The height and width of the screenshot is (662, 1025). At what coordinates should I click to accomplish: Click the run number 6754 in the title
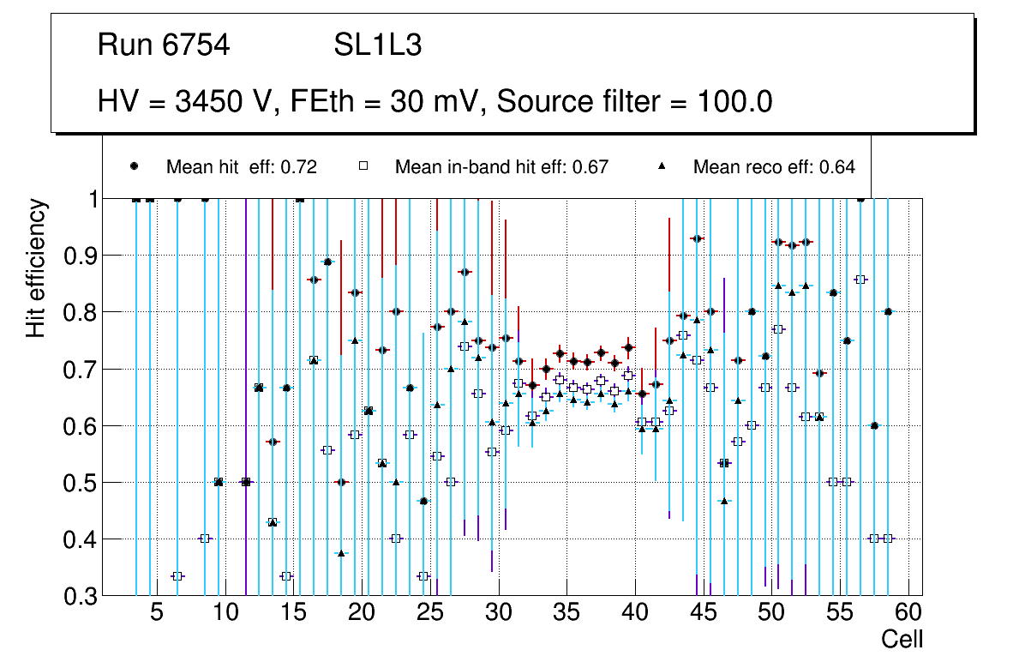196,45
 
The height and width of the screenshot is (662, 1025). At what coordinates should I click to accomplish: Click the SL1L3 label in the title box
377,45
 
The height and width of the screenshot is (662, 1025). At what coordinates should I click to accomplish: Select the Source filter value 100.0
733,102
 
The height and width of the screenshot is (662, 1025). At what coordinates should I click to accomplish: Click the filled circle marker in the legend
134,166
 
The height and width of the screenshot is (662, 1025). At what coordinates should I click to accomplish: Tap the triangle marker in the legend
662,166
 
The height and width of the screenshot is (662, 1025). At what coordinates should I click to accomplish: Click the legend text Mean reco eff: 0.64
774,167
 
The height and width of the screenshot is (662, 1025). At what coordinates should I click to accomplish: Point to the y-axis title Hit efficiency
36,268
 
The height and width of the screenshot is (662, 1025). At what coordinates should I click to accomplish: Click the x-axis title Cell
902,640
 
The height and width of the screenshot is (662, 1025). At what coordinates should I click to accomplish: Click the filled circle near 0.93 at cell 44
697,238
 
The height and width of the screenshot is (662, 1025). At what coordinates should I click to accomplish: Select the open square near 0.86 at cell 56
860,280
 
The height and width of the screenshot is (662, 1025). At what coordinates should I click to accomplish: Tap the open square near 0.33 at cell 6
177,576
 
